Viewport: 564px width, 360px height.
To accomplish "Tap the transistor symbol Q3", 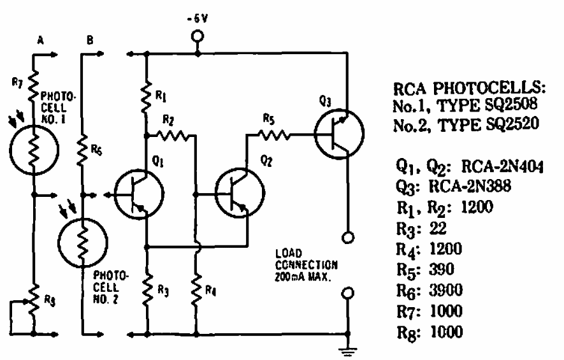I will coord(339,135).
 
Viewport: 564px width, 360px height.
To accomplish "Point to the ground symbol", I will coord(349,347).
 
